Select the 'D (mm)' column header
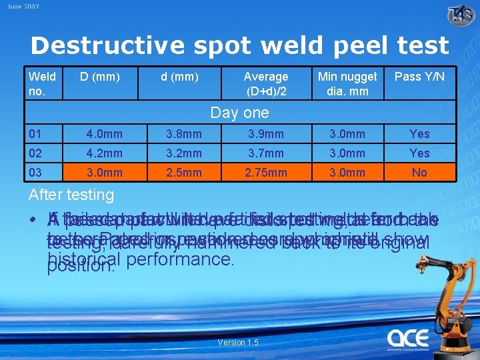point(99,77)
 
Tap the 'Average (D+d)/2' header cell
point(265,83)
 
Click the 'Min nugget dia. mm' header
point(347,83)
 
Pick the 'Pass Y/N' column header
point(419,77)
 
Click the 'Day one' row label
point(239,113)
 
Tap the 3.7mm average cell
point(265,153)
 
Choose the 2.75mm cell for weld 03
point(265,173)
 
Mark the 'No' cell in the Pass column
point(419,173)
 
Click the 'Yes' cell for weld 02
point(419,153)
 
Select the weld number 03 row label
point(35,173)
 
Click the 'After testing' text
point(71,195)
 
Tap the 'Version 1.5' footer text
point(239,343)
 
